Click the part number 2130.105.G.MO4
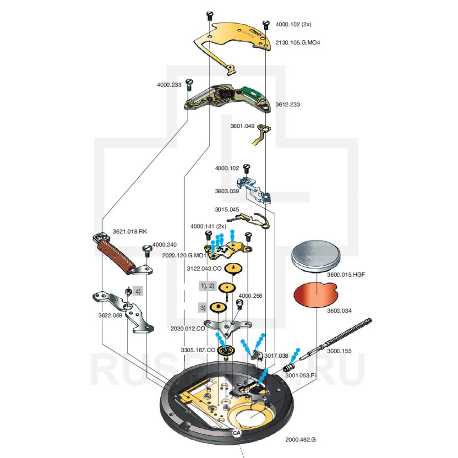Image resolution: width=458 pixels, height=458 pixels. tap(298, 43)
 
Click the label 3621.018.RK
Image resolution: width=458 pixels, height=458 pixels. tap(130, 231)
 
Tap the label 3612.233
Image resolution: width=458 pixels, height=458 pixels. tap(288, 104)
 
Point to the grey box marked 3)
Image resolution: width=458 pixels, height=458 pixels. tap(202, 307)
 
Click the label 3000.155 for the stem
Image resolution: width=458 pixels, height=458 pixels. tap(339, 351)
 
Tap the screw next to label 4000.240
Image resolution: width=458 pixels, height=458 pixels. tap(148, 250)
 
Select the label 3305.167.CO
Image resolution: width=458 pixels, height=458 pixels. tap(198, 350)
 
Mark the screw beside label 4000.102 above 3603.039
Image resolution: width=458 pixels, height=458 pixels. tap(246, 169)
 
